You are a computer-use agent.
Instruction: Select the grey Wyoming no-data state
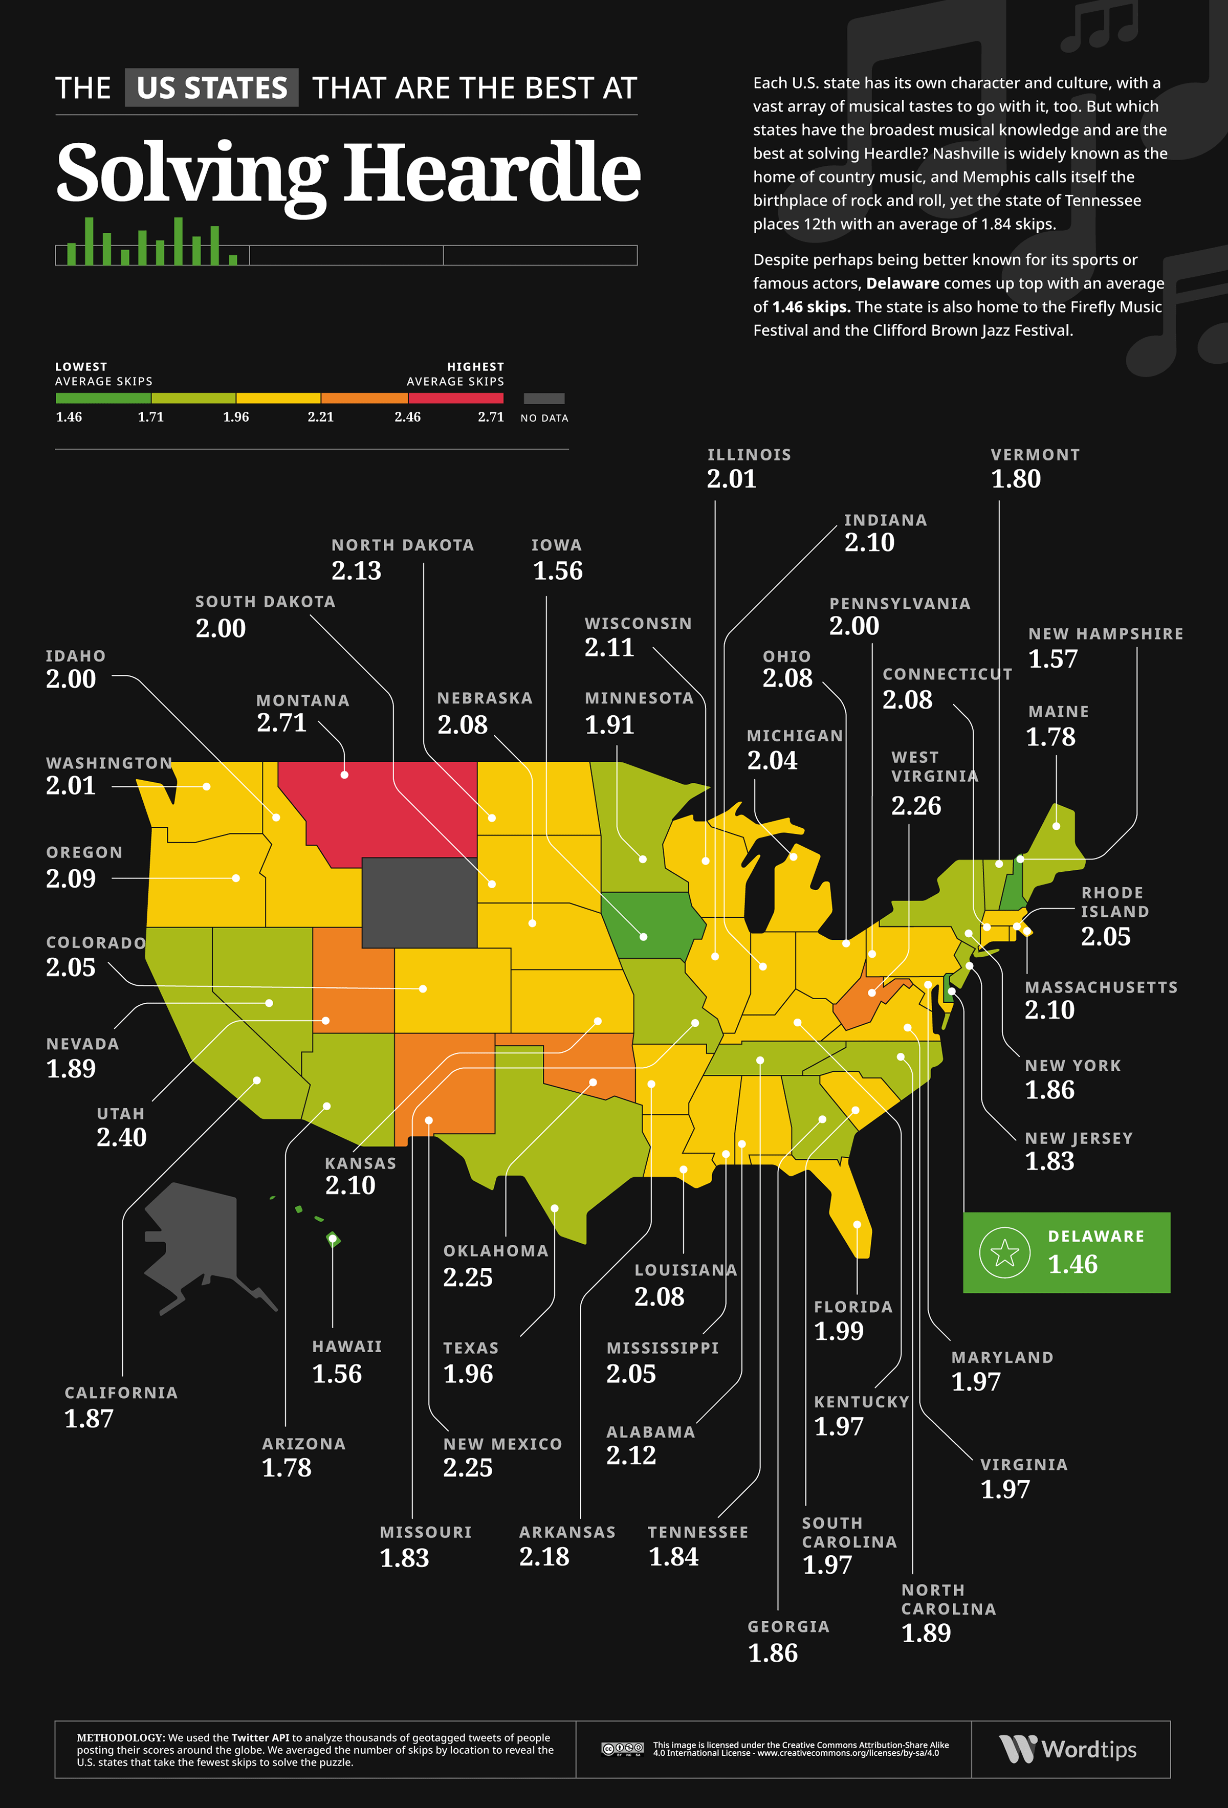click(420, 902)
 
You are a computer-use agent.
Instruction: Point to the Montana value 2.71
click(282, 723)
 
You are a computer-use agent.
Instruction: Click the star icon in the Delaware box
click(1004, 1252)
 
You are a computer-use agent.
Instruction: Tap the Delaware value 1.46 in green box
click(1072, 1264)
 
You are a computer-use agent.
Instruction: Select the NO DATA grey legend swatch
click(544, 399)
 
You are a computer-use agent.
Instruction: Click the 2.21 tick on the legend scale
click(321, 417)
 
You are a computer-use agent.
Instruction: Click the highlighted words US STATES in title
click(212, 88)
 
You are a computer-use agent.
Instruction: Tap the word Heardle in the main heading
click(492, 173)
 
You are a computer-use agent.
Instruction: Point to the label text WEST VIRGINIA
click(934, 767)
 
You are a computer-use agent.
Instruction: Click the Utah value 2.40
click(121, 1137)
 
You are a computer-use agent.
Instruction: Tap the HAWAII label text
click(347, 1347)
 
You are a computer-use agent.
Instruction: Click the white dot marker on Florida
click(857, 1225)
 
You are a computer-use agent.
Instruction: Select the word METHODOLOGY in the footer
click(120, 1737)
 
